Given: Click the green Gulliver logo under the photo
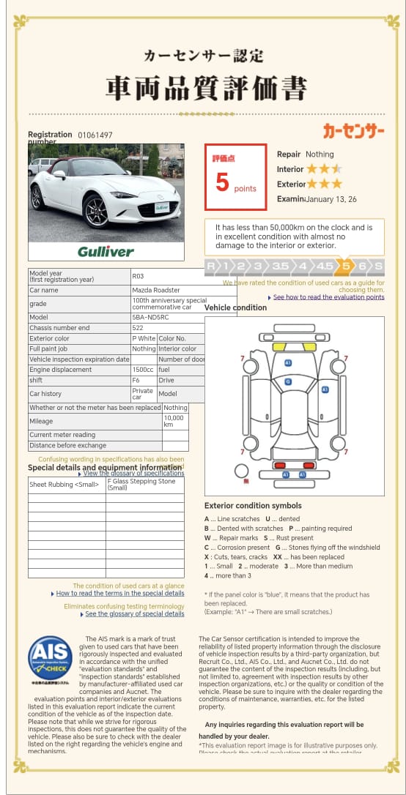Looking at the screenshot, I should point(106,251).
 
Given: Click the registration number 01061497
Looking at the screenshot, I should point(95,135).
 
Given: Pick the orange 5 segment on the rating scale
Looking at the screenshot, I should point(345,266).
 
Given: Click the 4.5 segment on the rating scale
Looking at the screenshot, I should point(323,266).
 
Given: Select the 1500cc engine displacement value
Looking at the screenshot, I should point(144,370).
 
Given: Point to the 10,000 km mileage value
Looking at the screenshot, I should point(174,421).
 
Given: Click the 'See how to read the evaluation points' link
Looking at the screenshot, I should point(328,297).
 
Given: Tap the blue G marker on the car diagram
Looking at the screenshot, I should point(288,381).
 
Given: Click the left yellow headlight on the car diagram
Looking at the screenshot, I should point(279,346).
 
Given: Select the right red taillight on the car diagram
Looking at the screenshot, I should point(309,465).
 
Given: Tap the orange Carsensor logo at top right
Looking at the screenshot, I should point(354,131).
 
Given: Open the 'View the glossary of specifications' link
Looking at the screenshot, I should point(133,474).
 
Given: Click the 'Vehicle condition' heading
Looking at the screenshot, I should point(235,307).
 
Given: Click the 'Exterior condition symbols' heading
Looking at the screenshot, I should point(253,505).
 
